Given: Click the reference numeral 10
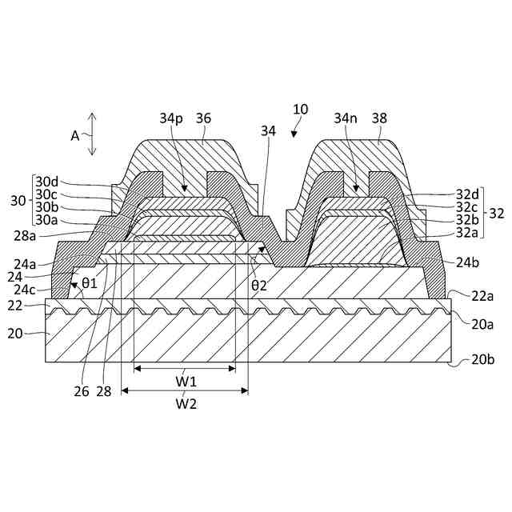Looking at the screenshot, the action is pyautogui.click(x=300, y=109).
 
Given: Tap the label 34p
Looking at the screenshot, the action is pyautogui.click(x=171, y=118).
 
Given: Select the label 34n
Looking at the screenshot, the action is pyautogui.click(x=346, y=118).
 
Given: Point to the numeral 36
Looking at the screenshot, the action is pyautogui.click(x=203, y=118).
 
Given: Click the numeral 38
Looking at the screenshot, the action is pyautogui.click(x=379, y=118).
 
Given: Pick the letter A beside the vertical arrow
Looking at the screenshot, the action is pyautogui.click(x=76, y=135).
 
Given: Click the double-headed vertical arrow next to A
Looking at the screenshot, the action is pyautogui.click(x=93, y=134).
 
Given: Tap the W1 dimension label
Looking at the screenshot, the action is pyautogui.click(x=186, y=382).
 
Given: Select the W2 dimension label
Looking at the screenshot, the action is pyautogui.click(x=186, y=404).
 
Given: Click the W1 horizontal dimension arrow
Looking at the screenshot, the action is pyautogui.click(x=185, y=369).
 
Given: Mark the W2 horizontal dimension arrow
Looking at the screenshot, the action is pyautogui.click(x=185, y=391).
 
